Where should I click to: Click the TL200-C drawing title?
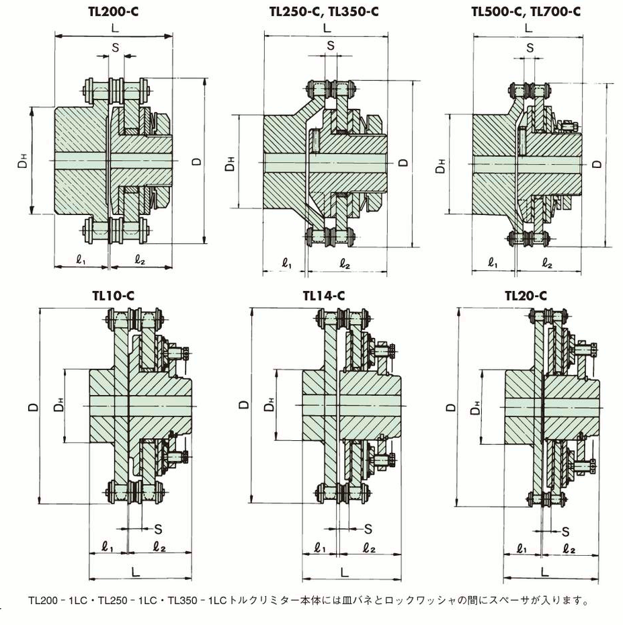click(113, 11)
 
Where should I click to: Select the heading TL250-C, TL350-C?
click(324, 11)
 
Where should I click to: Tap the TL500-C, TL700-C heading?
click(526, 11)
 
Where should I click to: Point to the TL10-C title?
click(113, 296)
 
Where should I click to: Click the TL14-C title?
click(324, 296)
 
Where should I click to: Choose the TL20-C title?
click(526, 296)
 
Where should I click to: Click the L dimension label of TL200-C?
click(115, 28)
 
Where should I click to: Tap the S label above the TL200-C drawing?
click(115, 48)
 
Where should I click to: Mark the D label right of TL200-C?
click(197, 161)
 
